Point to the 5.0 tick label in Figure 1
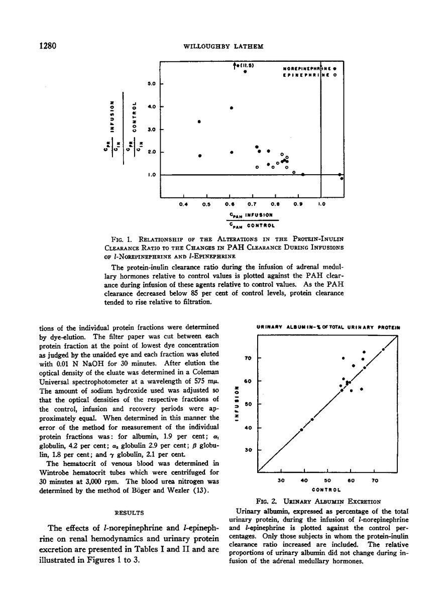coord(151,84)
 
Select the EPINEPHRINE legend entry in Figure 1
coord(306,75)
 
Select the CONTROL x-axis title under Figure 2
coord(327,489)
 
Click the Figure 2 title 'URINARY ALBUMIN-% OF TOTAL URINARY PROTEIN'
coord(328,327)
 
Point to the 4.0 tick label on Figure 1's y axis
coord(151,107)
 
